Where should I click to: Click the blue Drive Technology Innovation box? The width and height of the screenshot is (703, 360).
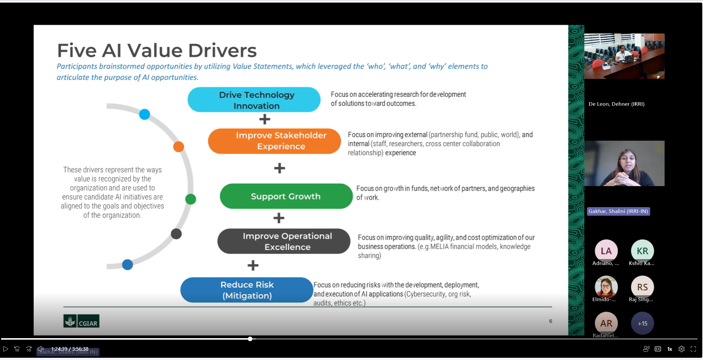[254, 100]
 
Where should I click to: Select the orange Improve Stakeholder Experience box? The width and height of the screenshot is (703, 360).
[274, 141]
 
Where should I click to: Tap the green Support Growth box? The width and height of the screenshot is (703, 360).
[286, 196]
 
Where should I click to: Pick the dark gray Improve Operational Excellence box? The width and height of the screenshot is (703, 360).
[284, 241]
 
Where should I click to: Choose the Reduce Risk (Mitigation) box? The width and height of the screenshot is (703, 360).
[247, 290]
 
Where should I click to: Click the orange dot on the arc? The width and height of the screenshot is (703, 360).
[179, 147]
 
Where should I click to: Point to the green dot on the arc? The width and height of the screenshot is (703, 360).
[191, 199]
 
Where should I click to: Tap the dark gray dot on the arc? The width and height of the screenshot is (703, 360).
[176, 234]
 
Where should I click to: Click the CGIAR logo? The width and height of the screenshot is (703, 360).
[81, 321]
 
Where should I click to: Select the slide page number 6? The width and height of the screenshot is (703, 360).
[551, 321]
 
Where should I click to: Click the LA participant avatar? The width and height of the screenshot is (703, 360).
[606, 251]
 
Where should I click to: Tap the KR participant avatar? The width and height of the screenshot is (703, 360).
[642, 251]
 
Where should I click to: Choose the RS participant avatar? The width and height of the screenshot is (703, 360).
[642, 287]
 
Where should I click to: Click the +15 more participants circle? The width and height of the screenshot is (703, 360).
[642, 323]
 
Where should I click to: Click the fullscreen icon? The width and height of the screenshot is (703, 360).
[693, 349]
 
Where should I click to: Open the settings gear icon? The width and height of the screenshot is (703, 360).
[682, 349]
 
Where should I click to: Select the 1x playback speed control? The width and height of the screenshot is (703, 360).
[670, 349]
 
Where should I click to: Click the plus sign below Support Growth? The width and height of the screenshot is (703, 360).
[279, 218]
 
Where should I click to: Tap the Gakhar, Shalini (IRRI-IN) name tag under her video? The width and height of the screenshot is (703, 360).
[618, 211]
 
